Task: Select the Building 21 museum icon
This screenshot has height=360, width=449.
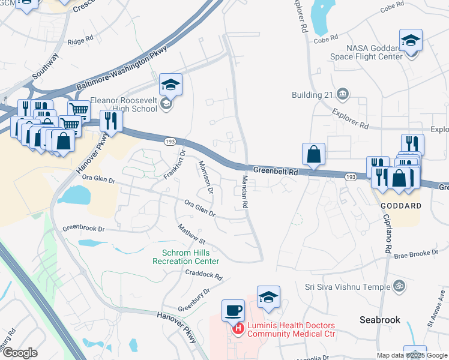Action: pos(343,94)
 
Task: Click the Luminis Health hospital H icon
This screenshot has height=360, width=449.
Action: pos(238,328)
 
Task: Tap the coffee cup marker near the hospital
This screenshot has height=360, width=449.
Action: pos(234,311)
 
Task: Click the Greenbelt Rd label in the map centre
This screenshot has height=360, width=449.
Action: pos(276,171)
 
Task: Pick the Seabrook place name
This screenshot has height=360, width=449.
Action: pos(379,320)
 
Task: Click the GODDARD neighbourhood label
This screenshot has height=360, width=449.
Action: pos(400,205)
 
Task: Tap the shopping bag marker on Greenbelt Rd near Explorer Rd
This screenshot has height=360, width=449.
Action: pos(313,154)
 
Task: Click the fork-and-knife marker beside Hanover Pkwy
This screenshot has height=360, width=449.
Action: pos(111,121)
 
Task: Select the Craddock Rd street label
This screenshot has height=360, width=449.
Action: pos(203,275)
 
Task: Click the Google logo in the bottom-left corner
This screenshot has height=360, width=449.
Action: pos(20,353)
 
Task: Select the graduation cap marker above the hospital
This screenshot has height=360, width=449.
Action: pos(268,297)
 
